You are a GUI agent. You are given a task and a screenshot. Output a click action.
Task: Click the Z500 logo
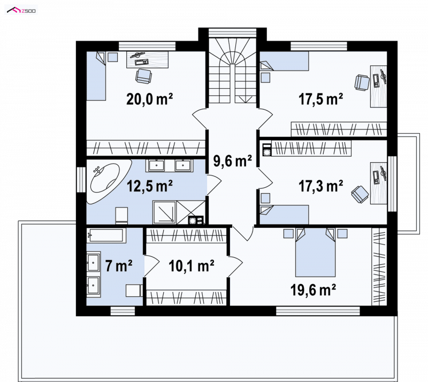click(21, 11)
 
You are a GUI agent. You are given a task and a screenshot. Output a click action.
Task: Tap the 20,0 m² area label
click(150, 99)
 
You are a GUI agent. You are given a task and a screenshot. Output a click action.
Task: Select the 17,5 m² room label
click(320, 99)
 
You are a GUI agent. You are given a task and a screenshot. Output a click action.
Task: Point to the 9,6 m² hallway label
click(232, 161)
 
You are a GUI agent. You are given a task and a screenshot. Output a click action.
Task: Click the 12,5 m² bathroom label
click(150, 186)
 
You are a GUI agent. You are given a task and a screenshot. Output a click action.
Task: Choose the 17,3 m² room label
click(320, 186)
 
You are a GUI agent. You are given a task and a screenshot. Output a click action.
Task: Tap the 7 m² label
click(119, 265)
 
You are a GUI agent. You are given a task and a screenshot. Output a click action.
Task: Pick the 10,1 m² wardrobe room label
click(192, 266)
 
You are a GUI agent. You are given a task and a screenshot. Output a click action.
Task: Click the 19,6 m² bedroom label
click(313, 289)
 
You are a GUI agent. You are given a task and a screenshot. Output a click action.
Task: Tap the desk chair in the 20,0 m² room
click(143, 76)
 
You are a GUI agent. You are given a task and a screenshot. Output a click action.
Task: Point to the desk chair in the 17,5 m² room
click(362, 82)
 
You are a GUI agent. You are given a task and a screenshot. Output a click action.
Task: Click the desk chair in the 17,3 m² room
click(360, 194)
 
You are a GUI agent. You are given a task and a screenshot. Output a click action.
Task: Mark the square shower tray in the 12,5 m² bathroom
click(164, 212)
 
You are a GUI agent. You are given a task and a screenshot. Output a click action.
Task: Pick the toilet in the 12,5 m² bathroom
click(122, 216)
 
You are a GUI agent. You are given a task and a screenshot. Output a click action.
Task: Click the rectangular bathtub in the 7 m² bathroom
click(106, 235)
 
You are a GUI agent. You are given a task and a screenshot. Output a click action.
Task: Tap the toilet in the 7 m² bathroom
click(134, 291)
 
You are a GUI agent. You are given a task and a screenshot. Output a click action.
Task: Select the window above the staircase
click(232, 33)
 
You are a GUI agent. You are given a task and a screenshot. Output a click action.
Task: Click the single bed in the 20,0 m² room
click(96, 76)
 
